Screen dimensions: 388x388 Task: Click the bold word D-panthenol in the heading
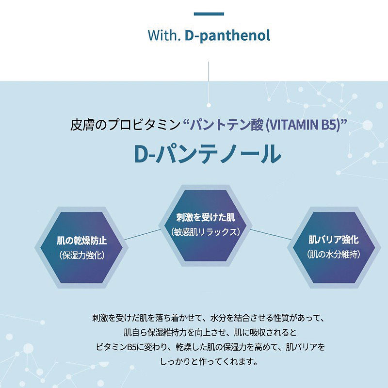click(227, 35)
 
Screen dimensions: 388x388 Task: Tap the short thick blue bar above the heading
click(209, 14)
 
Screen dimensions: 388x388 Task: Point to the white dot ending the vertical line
click(209, 105)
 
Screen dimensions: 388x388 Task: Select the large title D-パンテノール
click(208, 154)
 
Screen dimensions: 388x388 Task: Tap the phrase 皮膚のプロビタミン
click(125, 125)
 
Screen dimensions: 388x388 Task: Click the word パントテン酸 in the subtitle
click(227, 125)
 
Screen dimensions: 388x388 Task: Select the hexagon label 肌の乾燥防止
click(81, 241)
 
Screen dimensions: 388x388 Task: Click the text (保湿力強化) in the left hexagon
click(81, 255)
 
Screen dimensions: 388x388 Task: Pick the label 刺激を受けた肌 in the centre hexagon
click(205, 217)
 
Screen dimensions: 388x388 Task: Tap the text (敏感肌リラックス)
click(205, 232)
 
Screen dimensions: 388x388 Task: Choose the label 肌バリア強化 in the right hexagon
click(334, 240)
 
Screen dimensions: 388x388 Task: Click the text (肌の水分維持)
click(334, 254)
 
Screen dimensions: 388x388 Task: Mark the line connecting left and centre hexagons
click(143, 235)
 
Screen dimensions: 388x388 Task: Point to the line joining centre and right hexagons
click(271, 234)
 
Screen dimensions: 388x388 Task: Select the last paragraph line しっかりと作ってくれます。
click(209, 361)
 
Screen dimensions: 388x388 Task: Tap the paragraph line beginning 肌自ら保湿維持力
click(210, 332)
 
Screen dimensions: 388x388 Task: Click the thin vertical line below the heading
click(209, 82)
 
